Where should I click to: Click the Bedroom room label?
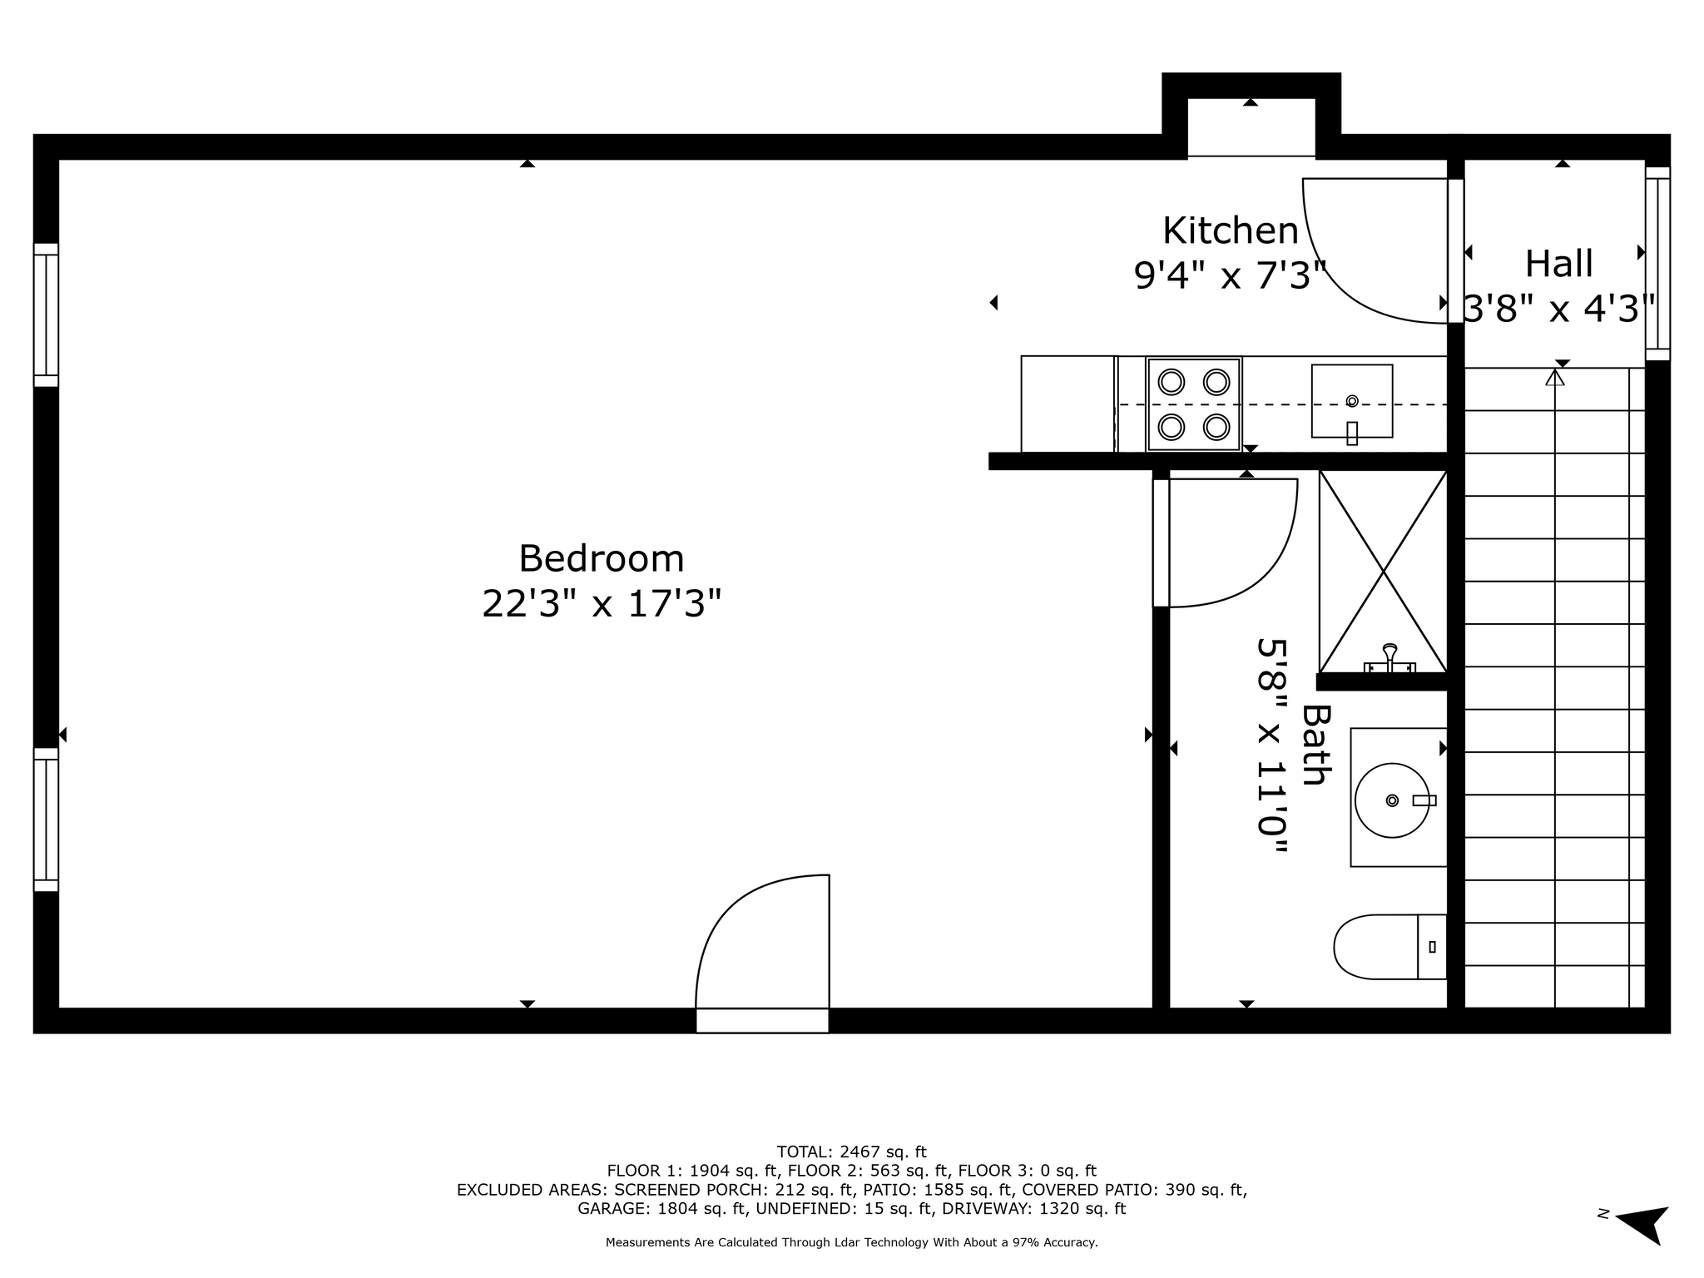[x=601, y=558]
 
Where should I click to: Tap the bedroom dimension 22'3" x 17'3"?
[x=601, y=603]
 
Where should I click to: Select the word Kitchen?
[x=1230, y=230]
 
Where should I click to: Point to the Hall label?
[x=1558, y=264]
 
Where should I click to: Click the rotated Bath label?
[x=1315, y=745]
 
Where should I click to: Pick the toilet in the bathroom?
[x=1389, y=947]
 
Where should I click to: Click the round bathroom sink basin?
[x=1392, y=800]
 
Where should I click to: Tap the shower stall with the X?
[x=1383, y=571]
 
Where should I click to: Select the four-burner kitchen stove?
[x=1194, y=404]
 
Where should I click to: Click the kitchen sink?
[x=1352, y=401]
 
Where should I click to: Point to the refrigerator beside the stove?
[x=1068, y=404]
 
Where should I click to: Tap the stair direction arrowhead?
[x=1554, y=377]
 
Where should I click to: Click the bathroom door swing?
[x=1225, y=542]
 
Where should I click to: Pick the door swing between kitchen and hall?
[x=1375, y=250]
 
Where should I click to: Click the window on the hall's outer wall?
[x=1657, y=264]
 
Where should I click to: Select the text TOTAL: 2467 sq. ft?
[x=851, y=1152]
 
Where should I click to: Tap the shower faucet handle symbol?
[x=1389, y=657]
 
